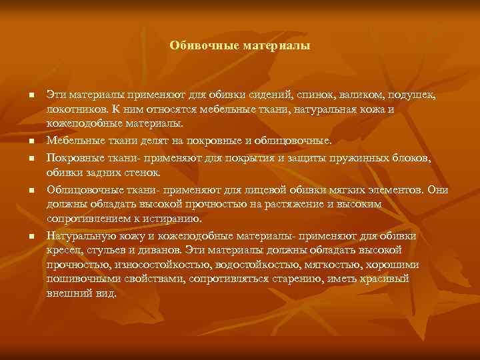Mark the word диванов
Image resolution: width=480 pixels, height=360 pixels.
pos(163,249)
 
